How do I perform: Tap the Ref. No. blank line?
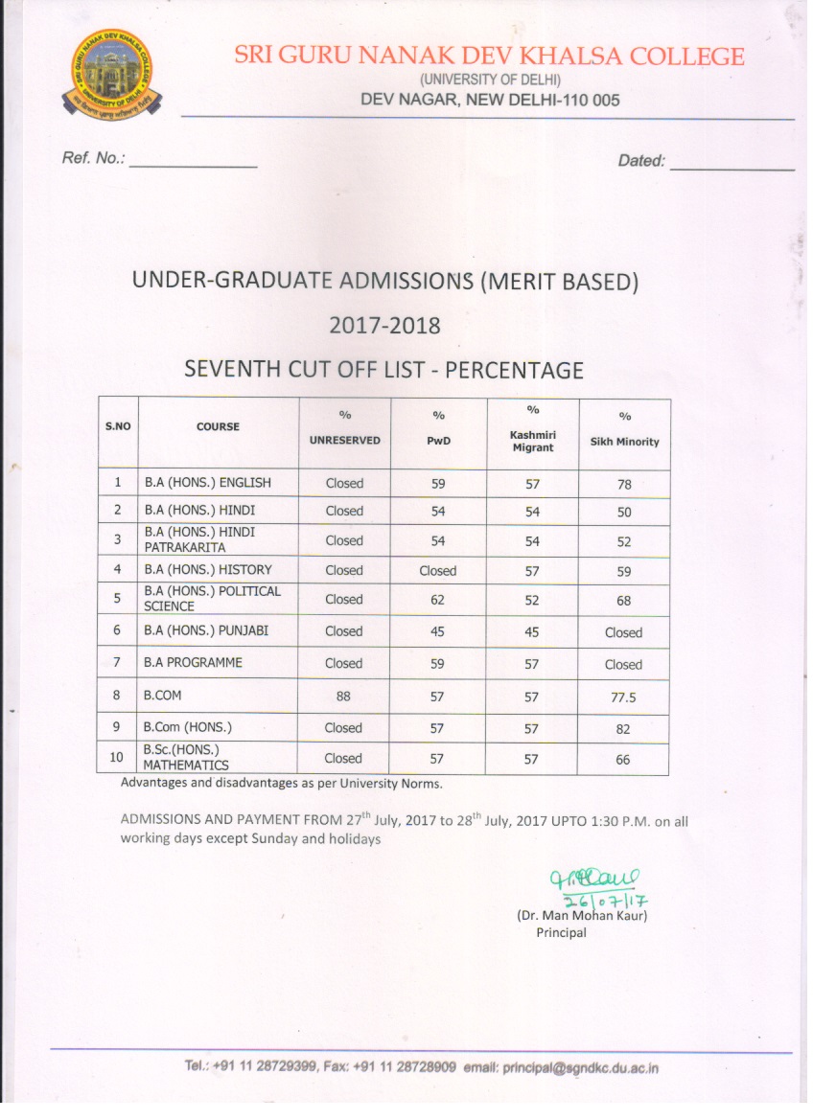coord(193,166)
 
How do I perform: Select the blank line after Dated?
coord(732,168)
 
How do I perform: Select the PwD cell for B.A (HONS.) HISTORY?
coord(438,570)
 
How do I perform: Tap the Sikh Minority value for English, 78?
coord(624,485)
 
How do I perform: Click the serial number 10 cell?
coord(117,758)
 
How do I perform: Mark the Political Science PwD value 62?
coord(438,601)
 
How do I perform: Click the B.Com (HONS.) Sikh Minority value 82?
coord(624,729)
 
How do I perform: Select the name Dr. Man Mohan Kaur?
coord(582,916)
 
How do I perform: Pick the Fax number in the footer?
coord(388,1067)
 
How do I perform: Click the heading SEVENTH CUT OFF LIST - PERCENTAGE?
coord(383,369)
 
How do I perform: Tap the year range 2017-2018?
coord(384,325)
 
